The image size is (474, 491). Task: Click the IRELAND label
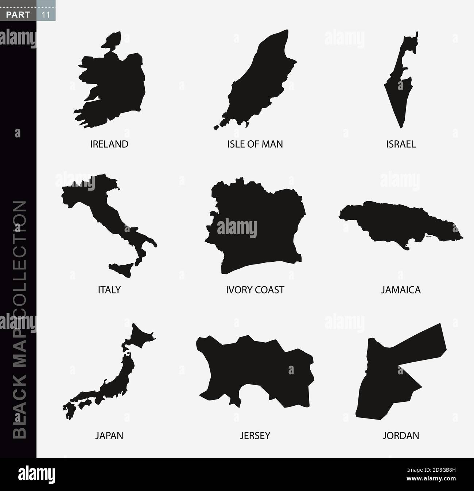tap(109, 144)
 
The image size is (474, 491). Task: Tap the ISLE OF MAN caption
tap(255, 144)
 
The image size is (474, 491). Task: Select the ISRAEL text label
tap(401, 144)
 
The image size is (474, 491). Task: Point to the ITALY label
tap(109, 290)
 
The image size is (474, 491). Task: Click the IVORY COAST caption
tap(255, 290)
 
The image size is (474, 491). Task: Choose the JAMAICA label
tap(401, 290)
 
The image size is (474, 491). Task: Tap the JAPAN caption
tap(109, 435)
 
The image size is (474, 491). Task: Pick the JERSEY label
tap(255, 435)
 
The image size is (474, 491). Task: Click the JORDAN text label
tap(401, 435)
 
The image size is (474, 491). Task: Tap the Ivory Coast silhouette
tap(255, 233)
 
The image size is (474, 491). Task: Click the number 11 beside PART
tap(46, 5)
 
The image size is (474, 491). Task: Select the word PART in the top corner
tap(18, 5)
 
